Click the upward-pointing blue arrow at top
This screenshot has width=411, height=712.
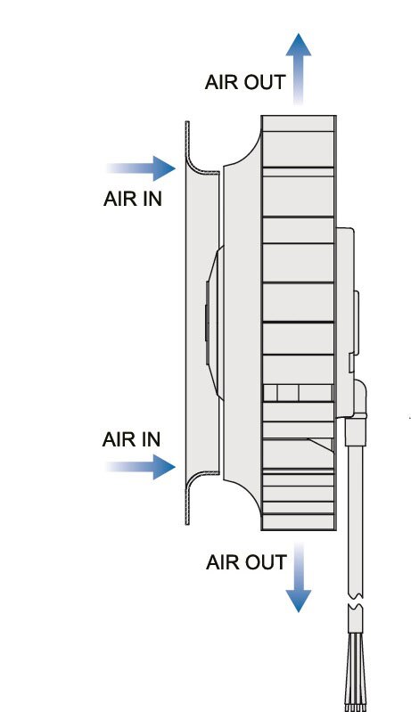tap(299, 68)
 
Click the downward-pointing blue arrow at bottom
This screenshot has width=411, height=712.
tap(299, 577)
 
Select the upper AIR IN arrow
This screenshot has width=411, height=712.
tap(141, 168)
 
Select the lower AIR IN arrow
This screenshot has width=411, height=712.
tap(141, 467)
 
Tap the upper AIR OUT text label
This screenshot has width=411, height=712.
tap(245, 82)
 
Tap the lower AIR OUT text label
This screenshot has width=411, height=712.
tap(246, 562)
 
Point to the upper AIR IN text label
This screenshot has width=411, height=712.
tap(133, 199)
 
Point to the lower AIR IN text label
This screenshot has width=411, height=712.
tap(131, 439)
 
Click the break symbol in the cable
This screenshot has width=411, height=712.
tap(356, 601)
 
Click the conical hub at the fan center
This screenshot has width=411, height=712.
tap(214, 323)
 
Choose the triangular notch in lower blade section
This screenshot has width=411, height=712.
tap(322, 445)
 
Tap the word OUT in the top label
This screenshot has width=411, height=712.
tap(265, 82)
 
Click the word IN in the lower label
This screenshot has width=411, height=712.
tap(152, 439)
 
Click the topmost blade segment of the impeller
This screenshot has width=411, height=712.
tap(299, 124)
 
